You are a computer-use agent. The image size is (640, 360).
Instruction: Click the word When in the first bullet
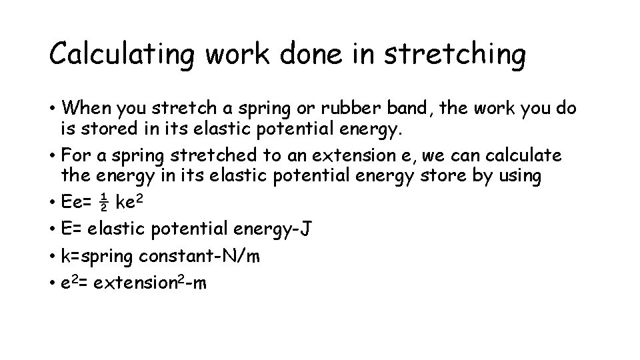tap(89, 108)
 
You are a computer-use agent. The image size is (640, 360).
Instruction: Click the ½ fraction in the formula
tap(104, 203)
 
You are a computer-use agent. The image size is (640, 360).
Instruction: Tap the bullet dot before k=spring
tap(52, 256)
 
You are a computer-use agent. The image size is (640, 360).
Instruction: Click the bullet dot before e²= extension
tap(52, 283)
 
